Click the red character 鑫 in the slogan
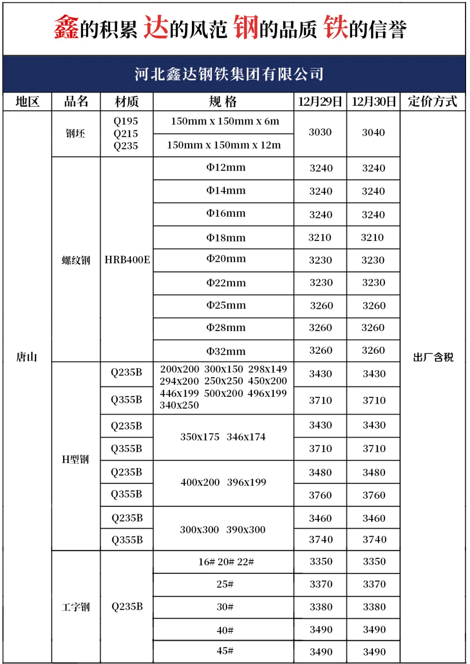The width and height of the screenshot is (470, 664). pyautogui.click(x=66, y=27)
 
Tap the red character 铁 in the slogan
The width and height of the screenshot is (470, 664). pyautogui.click(x=336, y=27)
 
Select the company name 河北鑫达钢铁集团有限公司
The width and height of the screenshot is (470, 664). pyautogui.click(x=229, y=74)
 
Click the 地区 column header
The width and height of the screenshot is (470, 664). pyautogui.click(x=27, y=102)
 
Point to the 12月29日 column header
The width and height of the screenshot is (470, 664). pyautogui.click(x=320, y=102)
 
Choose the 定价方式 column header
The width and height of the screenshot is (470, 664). pyautogui.click(x=432, y=102)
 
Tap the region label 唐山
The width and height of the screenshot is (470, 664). pyautogui.click(x=27, y=357)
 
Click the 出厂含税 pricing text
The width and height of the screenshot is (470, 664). pyautogui.click(x=433, y=357)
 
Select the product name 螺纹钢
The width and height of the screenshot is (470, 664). pyautogui.click(x=76, y=260)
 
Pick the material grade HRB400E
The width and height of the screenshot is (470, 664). pyautogui.click(x=127, y=260)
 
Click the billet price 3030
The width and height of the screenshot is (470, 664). pyautogui.click(x=320, y=132)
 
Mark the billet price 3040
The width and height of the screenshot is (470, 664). pyautogui.click(x=373, y=133)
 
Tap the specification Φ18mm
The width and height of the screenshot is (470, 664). pyautogui.click(x=226, y=238)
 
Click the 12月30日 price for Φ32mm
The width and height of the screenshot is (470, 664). pyautogui.click(x=373, y=351)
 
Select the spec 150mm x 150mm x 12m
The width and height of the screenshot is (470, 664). pyautogui.click(x=224, y=145)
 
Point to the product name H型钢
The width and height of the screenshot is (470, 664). pyautogui.click(x=75, y=459)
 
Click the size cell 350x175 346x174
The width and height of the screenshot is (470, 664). pyautogui.click(x=223, y=437)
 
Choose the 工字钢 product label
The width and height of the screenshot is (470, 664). pyautogui.click(x=76, y=607)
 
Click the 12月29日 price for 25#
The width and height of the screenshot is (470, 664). pyautogui.click(x=321, y=584)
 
